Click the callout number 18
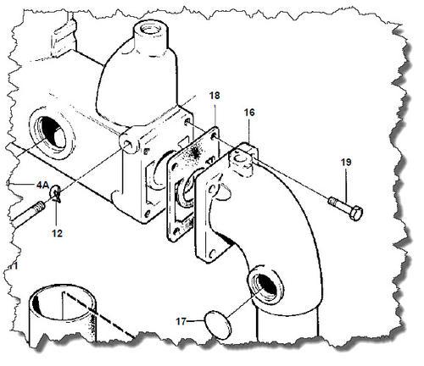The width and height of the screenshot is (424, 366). coord(215,96)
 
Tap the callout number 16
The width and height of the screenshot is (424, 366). coord(249,113)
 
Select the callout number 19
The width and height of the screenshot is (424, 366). coord(346,163)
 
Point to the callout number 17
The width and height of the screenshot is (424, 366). coord(181,321)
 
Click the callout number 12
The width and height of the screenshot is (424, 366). coord(57,233)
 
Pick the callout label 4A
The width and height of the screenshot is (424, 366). coord(42,185)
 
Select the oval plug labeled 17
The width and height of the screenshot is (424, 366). coord(218,324)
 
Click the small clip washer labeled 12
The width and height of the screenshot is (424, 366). coord(55,194)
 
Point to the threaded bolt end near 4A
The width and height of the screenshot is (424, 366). coord(38,208)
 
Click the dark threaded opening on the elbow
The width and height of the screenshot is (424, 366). coord(265,285)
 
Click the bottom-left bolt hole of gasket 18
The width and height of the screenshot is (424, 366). coord(176,232)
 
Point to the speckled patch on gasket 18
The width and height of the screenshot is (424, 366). coord(194,153)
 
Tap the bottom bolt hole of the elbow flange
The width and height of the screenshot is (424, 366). coord(213,254)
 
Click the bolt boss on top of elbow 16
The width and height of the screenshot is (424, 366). coord(241,160)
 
